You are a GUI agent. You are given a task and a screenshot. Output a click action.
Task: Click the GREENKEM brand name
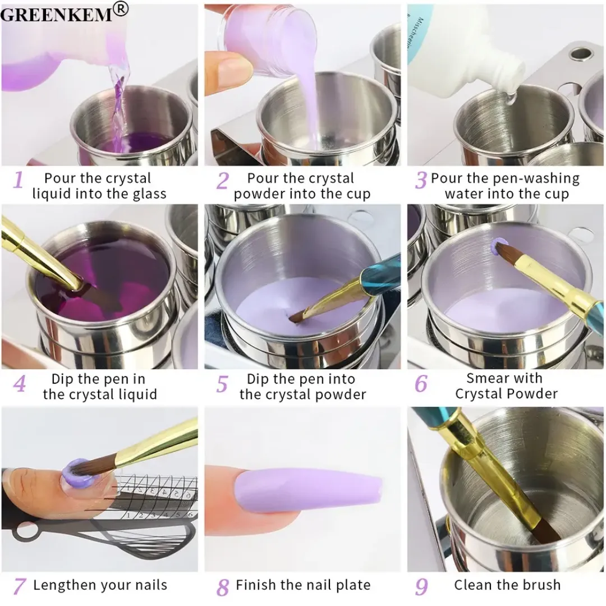pos(56,13)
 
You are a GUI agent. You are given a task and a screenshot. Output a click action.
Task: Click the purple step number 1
pos(19,181)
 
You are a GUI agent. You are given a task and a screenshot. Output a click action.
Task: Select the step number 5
pos(222,385)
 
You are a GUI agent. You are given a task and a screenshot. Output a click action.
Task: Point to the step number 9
pos(421,586)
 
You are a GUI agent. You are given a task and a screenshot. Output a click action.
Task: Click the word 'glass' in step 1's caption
pos(148,194)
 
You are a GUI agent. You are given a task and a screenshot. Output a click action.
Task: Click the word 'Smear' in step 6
pos(488,378)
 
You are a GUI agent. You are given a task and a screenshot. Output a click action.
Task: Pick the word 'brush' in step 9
pos(539,585)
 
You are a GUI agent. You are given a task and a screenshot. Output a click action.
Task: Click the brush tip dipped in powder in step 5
pos(296,318)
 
